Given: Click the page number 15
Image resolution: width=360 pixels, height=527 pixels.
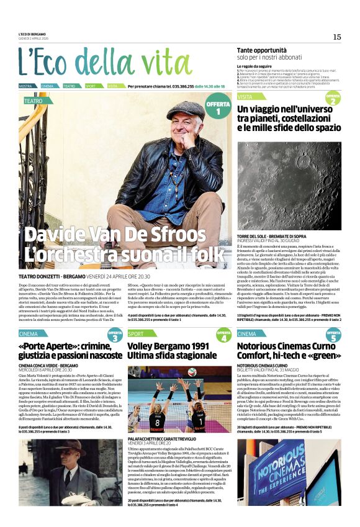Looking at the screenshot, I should coord(337,37).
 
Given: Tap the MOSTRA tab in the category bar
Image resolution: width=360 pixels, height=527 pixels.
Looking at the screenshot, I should coord(25,86).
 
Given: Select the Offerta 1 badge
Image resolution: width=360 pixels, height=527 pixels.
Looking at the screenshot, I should coord(218,109).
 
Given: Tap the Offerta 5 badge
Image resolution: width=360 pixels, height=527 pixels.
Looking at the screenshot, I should coord(333,337).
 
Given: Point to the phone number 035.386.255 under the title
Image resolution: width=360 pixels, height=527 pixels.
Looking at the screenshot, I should coord(178,86).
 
